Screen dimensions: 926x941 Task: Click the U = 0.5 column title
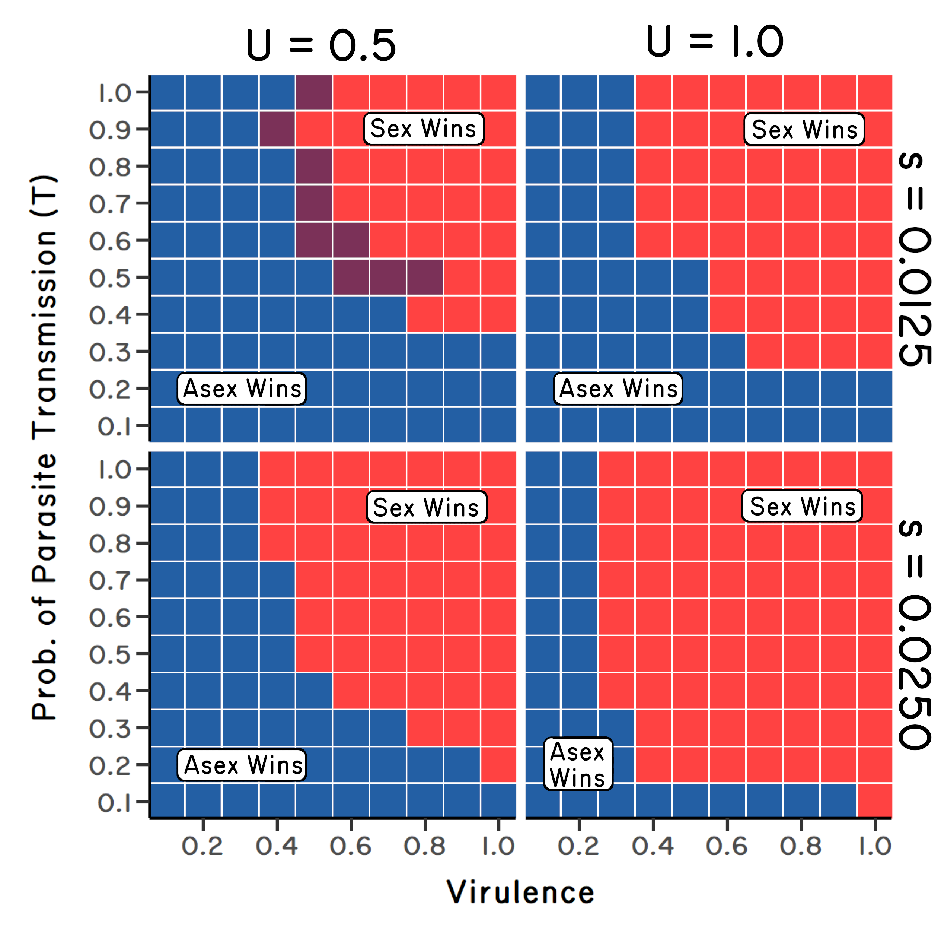tap(321, 45)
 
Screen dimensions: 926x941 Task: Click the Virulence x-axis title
tap(520, 893)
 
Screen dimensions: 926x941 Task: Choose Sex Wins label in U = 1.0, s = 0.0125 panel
tap(804, 129)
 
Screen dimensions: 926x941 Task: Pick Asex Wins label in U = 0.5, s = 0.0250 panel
tap(242, 765)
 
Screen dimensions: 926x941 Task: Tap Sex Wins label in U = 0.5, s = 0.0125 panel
tap(423, 129)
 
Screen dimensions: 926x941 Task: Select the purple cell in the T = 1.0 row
tap(314, 92)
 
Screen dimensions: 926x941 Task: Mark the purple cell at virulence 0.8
tap(425, 277)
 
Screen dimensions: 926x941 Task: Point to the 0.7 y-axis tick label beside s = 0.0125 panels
tap(110, 204)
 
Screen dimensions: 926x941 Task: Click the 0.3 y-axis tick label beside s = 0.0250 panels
tap(110, 729)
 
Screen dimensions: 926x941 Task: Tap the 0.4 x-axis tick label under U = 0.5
tap(277, 846)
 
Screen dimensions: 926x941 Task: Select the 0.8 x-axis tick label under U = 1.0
tap(801, 846)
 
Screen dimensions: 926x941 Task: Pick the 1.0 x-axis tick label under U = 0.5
tap(498, 846)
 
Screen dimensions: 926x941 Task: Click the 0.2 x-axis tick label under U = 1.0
tap(578, 846)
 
